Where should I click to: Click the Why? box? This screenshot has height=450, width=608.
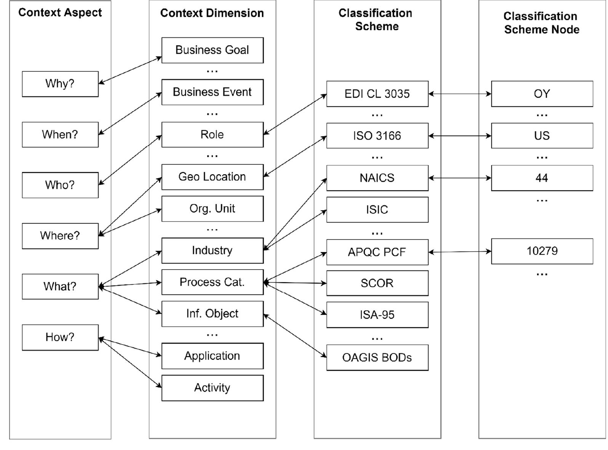coord(60,84)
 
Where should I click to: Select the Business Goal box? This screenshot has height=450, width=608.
coord(212,50)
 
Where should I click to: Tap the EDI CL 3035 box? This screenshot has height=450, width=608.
coord(377,94)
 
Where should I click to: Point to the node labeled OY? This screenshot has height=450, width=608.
coord(542,94)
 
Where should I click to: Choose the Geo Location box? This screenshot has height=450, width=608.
coord(212,177)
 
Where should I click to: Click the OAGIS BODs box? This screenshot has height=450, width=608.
coord(377,358)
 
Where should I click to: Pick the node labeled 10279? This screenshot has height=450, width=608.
coord(542,251)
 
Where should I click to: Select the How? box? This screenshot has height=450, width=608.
coord(60,337)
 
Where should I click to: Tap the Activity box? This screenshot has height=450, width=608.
coord(212,388)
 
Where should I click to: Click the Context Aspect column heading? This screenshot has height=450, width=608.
coord(60,13)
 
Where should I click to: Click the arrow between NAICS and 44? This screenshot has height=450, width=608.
coord(460,178)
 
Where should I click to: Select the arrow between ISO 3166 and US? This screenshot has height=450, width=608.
coord(460,136)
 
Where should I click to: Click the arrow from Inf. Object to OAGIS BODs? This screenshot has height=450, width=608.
coord(295,336)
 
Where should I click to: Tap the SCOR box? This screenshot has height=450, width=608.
coord(377,283)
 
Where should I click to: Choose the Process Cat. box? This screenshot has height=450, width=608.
coord(212,282)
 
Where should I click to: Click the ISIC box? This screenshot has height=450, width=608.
coord(377,210)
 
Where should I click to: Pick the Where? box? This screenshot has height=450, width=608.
coord(60,236)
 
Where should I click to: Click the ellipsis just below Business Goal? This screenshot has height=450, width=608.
coord(212,71)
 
